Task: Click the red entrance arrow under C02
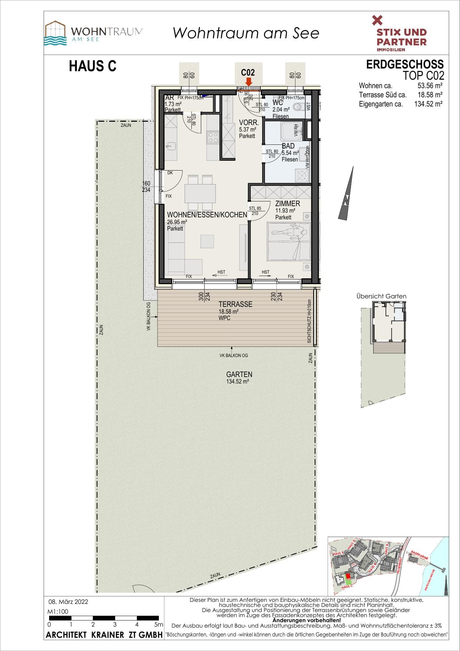coord(248,82)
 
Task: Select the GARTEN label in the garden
coord(239,374)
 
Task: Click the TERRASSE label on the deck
coord(235,304)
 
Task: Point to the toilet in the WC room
coord(297,107)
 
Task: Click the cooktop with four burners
coord(213,137)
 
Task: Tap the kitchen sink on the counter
coord(171,146)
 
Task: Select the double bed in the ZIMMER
coord(289,241)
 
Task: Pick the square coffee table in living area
coord(207,241)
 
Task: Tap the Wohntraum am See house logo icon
coord(56,33)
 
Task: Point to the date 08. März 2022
coord(68,602)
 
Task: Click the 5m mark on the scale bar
coord(158,624)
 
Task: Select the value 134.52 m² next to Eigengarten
coord(428,104)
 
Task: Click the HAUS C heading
coord(92,66)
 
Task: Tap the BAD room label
coord(288,146)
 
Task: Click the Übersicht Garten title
coord(381,296)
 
